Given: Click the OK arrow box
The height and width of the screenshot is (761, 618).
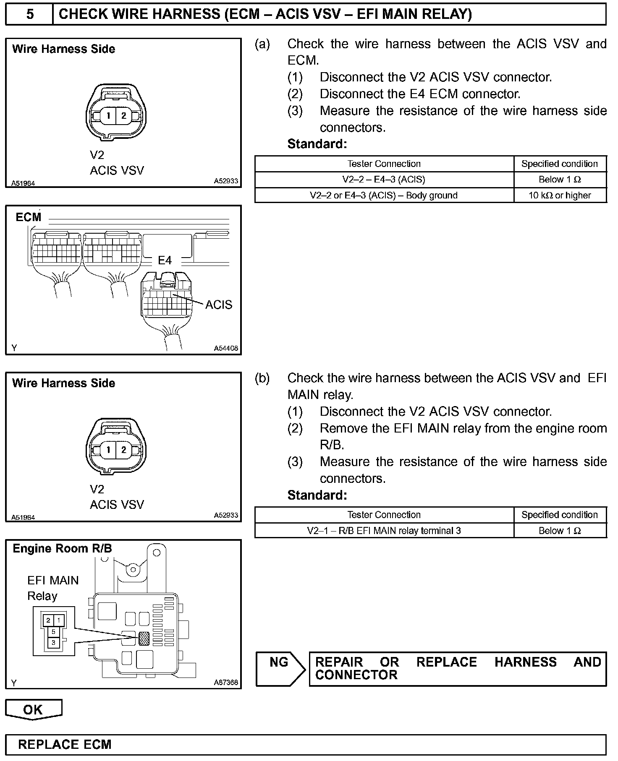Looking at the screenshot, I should pyautogui.click(x=33, y=709).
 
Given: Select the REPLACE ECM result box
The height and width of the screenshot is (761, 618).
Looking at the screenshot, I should pyautogui.click(x=306, y=744).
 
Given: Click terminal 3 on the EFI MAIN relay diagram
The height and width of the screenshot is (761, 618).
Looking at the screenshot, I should pyautogui.click(x=54, y=642).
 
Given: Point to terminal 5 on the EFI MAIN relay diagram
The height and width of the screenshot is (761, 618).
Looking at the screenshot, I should pyautogui.click(x=54, y=631).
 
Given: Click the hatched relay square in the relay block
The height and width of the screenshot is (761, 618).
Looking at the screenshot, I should pyautogui.click(x=144, y=639).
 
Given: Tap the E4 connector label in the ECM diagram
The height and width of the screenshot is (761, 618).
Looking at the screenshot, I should pyautogui.click(x=165, y=261).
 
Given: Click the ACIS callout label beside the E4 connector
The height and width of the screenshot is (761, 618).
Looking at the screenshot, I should pyautogui.click(x=218, y=305).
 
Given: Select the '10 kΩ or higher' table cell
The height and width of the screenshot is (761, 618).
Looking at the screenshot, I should pyautogui.click(x=560, y=195).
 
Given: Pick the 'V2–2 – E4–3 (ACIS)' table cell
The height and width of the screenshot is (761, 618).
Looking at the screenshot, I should pyautogui.click(x=384, y=180).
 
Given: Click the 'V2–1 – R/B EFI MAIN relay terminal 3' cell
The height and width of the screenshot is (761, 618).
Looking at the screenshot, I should pyautogui.click(x=384, y=531).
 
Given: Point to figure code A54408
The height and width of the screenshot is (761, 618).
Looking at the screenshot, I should pyautogui.click(x=226, y=348).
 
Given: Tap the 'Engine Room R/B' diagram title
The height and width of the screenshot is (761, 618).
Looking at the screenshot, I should pyautogui.click(x=62, y=549).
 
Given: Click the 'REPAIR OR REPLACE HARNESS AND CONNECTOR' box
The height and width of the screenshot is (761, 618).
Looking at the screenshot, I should pyautogui.click(x=458, y=669).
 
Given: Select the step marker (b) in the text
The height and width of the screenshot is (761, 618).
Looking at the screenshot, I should pyautogui.click(x=262, y=378).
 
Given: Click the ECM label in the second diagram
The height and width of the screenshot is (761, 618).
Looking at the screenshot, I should pyautogui.click(x=29, y=217).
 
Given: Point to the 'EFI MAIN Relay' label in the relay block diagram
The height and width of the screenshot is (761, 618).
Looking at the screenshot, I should pyautogui.click(x=53, y=588).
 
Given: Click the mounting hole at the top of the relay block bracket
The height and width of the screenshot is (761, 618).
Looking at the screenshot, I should pyautogui.click(x=157, y=553).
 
